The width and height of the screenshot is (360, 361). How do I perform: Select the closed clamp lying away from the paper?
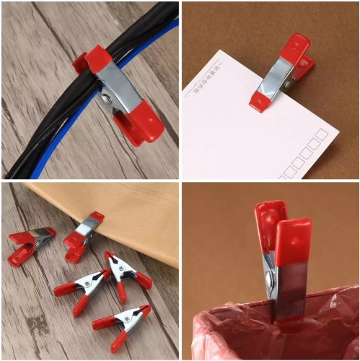click(x=32, y=241)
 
